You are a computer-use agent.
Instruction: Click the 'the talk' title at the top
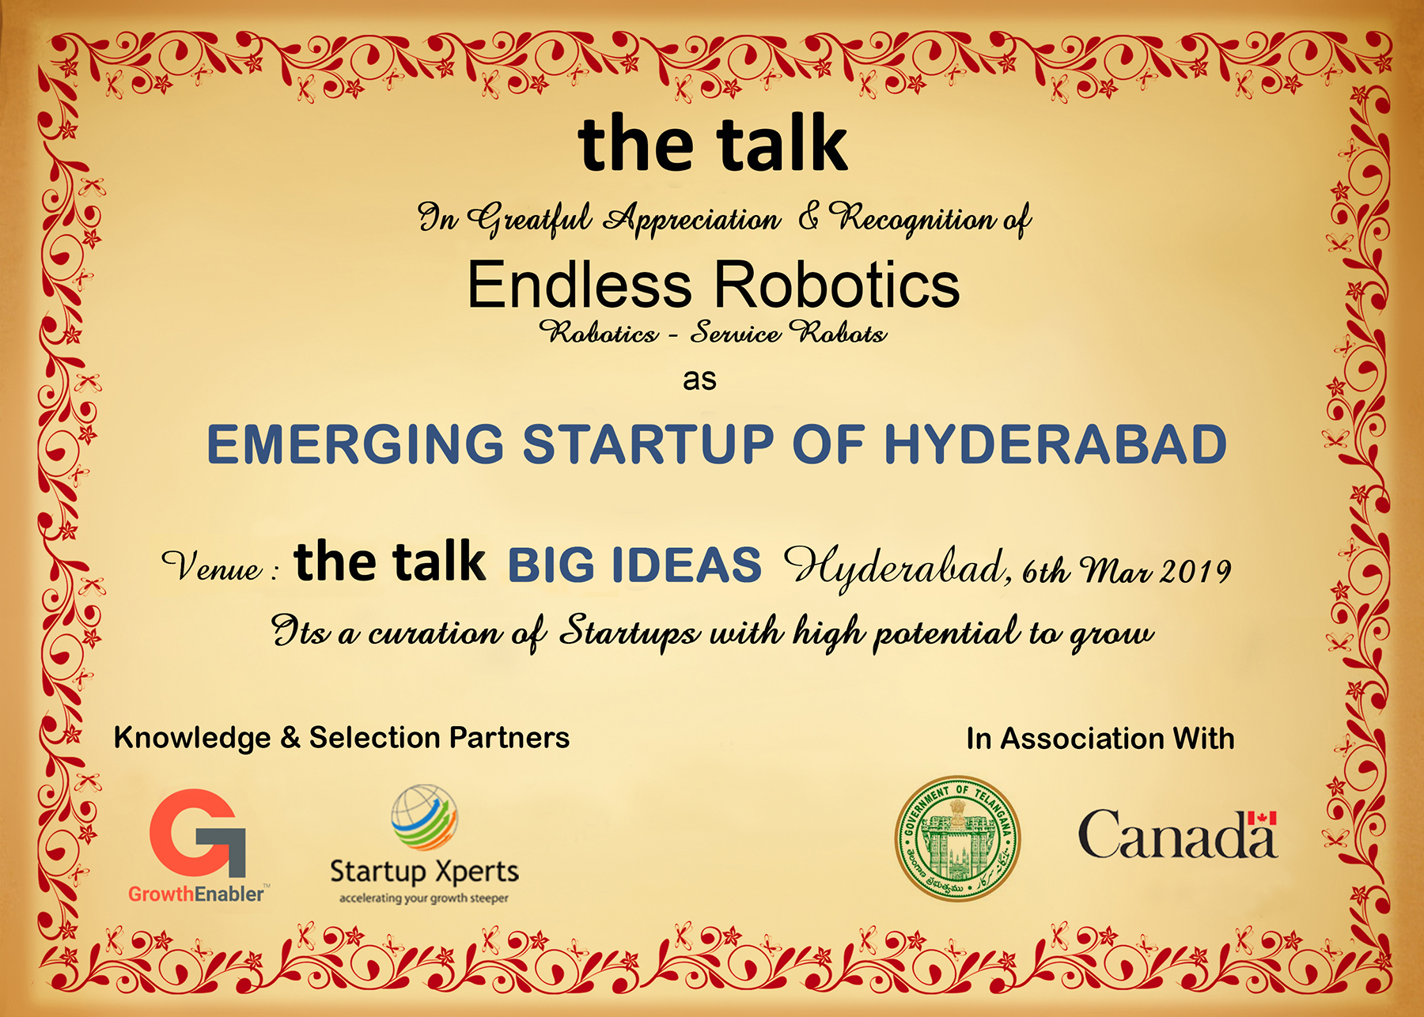click(x=713, y=143)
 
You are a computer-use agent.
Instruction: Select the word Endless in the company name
click(x=580, y=285)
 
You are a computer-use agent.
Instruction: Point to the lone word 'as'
click(x=699, y=380)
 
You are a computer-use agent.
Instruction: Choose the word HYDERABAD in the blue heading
click(x=1055, y=444)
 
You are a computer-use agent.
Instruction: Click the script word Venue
click(x=211, y=566)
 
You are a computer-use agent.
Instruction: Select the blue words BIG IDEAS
click(x=634, y=565)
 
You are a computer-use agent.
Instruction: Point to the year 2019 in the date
click(x=1195, y=571)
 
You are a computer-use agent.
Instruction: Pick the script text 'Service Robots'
click(x=788, y=333)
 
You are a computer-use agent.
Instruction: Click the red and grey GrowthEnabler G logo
click(x=198, y=833)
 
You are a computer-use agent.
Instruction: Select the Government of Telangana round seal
click(x=957, y=838)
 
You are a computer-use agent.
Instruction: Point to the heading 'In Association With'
click(x=1100, y=739)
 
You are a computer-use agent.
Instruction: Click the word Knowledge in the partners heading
click(x=192, y=738)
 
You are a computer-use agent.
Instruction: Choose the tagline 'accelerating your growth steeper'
click(x=424, y=898)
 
